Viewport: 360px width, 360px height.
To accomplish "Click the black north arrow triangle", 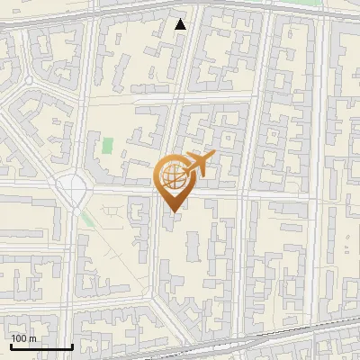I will pos(181,24).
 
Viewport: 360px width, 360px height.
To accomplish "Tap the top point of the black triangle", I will pos(181,18).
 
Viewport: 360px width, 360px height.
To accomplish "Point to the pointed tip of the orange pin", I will pos(172,211).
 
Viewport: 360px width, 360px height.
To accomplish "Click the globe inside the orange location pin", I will pos(172,175).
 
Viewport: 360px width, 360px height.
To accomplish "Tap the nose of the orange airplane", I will pos(213,157).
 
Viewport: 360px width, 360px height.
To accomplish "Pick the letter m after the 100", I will pos(31,338).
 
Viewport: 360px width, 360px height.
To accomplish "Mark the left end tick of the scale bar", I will pos(10,346).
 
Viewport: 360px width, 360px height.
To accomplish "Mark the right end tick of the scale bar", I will pos(71,346).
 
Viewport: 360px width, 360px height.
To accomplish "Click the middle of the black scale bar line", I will pos(40,347).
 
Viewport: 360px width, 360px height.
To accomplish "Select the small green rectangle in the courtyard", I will pos(108,145).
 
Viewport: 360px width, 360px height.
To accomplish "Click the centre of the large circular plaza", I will pos(71,188).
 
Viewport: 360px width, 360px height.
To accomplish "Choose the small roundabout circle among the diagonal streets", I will pos(29,80).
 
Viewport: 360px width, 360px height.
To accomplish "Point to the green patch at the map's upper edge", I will pos(310,3).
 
